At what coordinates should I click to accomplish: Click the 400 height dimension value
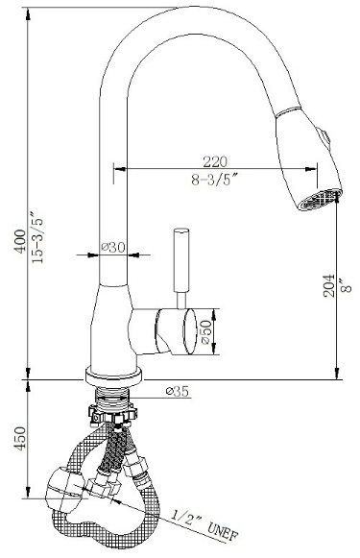click(x=20, y=241)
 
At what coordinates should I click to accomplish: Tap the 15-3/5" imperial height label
click(x=37, y=238)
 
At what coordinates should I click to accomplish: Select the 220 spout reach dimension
click(x=214, y=161)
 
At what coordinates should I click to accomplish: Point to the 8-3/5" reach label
click(x=214, y=179)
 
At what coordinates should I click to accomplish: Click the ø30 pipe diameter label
click(x=112, y=247)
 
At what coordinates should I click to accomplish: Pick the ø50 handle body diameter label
click(x=206, y=332)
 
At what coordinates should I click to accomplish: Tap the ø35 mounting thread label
click(x=177, y=392)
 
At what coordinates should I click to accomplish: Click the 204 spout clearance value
click(x=328, y=285)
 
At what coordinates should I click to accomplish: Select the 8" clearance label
click(x=346, y=285)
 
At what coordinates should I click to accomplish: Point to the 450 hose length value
click(x=20, y=438)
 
